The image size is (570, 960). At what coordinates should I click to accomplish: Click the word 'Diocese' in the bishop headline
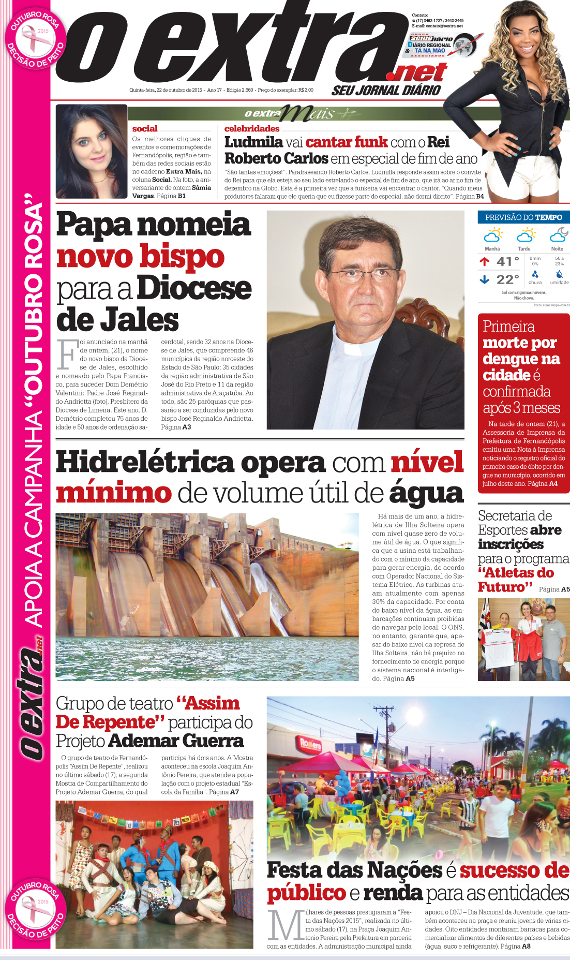coord(194,288)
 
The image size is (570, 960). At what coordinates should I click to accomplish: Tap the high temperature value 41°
coord(507,262)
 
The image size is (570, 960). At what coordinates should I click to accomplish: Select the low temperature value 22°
coord(507,279)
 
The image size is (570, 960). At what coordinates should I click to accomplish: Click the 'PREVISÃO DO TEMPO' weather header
coord(523,217)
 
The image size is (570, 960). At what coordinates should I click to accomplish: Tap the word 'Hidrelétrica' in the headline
coord(145,462)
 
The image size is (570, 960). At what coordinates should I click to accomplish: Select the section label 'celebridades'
coord(252,129)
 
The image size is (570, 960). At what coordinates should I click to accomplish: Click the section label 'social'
coord(145,129)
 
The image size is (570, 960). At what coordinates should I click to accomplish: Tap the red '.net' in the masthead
coord(420,73)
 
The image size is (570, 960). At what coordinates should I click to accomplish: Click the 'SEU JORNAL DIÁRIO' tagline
coord(386,91)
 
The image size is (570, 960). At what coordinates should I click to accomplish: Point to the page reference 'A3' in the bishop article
coord(186,427)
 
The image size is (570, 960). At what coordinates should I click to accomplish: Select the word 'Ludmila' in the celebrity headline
coord(253,142)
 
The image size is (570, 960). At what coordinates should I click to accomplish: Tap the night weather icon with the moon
coord(559,235)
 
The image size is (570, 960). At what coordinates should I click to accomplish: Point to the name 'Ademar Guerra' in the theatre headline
coord(176,741)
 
